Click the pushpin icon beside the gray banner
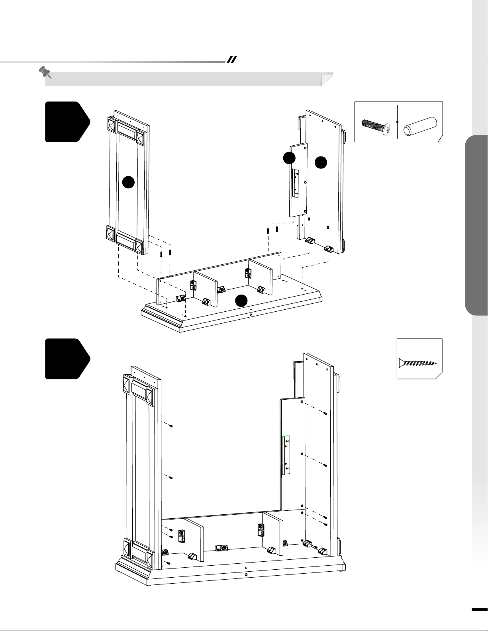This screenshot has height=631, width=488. [x=45, y=72]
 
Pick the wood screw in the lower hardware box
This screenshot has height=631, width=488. [x=418, y=363]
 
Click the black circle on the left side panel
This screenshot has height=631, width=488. [x=128, y=182]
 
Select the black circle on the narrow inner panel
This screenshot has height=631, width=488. [x=289, y=158]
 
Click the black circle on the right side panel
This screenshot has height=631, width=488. [x=321, y=162]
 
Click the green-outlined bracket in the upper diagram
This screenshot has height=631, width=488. [x=295, y=183]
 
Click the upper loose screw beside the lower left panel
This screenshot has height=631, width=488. [x=171, y=426]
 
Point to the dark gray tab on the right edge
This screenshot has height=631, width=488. [x=476, y=225]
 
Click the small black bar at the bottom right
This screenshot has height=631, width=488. [x=480, y=609]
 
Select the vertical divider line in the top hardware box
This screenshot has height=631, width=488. [x=398, y=122]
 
